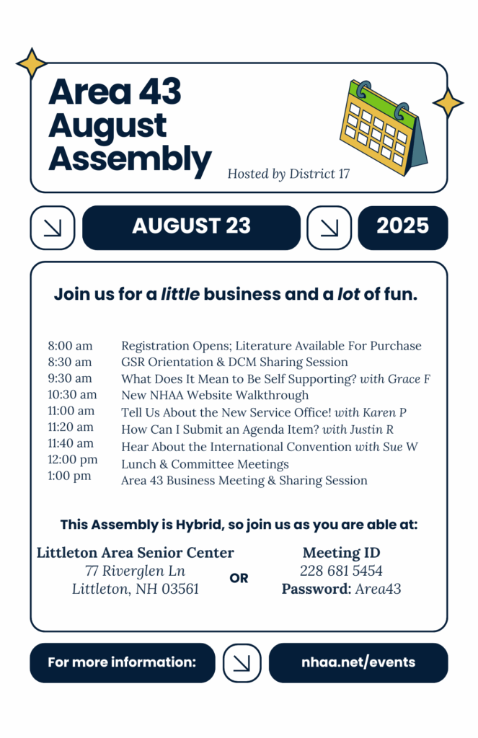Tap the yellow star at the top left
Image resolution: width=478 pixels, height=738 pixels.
point(32,63)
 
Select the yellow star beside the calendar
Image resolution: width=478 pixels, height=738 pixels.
point(448,103)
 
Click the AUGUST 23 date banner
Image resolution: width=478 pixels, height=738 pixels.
point(191,227)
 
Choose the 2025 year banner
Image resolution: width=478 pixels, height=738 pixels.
point(402,227)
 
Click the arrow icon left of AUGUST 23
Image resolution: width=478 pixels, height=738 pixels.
point(53,228)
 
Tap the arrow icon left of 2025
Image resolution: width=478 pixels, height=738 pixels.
point(329,228)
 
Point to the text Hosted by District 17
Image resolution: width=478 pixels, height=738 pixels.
point(288,174)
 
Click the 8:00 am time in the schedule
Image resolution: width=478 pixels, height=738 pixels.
point(70,346)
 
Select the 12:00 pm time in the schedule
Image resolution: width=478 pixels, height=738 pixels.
point(73,459)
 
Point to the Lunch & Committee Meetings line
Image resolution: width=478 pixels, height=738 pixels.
point(205,464)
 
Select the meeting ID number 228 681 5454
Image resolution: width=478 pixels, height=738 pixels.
point(341,571)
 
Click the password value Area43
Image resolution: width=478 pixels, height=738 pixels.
point(378,589)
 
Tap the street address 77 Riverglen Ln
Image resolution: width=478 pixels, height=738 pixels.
point(135,571)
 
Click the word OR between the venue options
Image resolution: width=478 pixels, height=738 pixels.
point(239,578)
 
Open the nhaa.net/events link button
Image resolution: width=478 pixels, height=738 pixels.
point(358,662)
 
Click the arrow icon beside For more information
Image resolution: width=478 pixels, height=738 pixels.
point(242,662)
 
